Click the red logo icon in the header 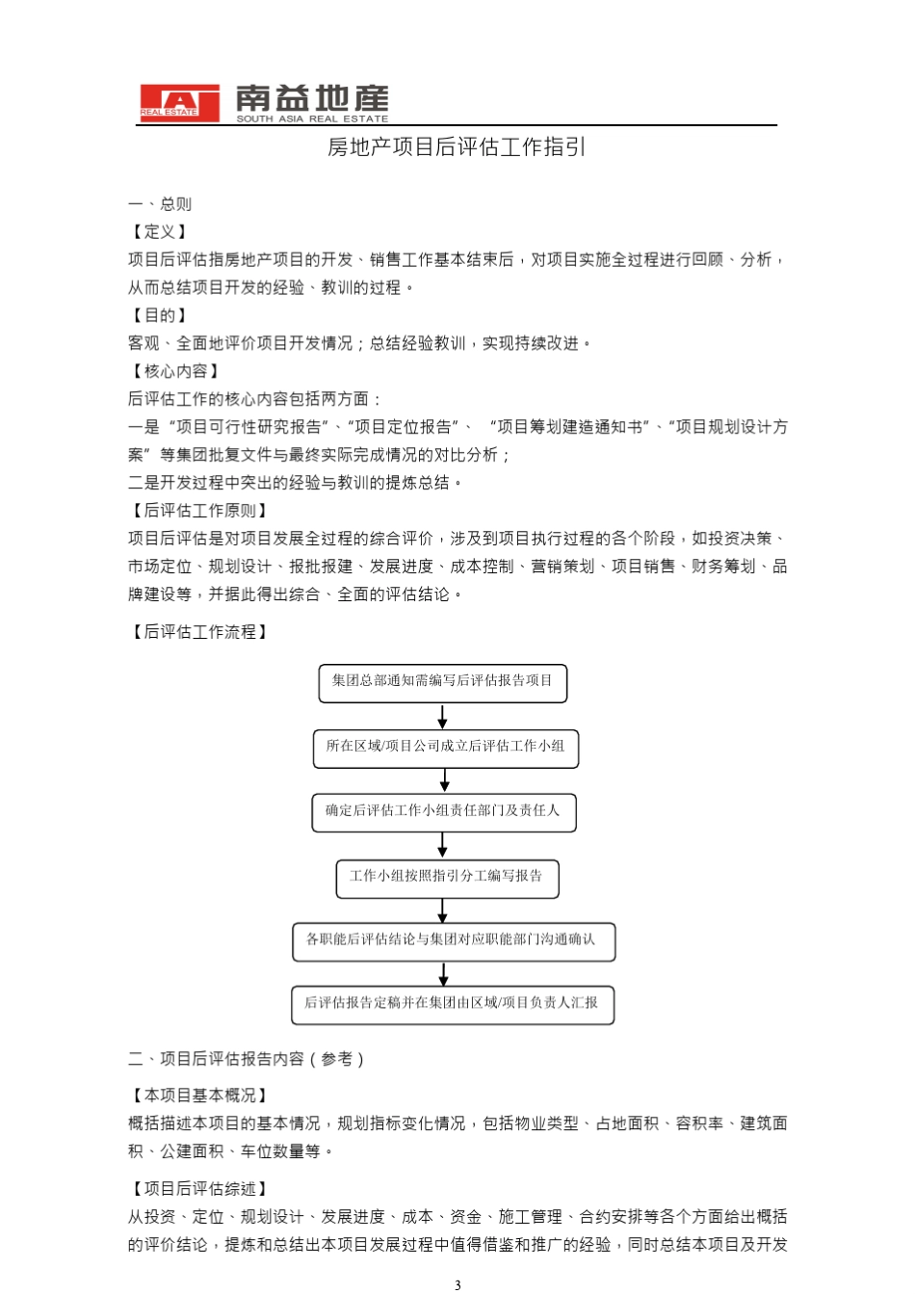click(x=179, y=103)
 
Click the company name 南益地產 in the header click(x=312, y=98)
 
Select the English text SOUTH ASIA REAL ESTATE click(x=312, y=119)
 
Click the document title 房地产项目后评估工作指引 click(x=457, y=147)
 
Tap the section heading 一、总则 click(x=160, y=204)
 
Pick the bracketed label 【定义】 click(x=160, y=232)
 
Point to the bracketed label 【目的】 click(x=160, y=316)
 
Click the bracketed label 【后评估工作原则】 click(x=199, y=511)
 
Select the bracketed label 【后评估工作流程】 click(x=199, y=632)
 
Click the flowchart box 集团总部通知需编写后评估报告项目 click(x=442, y=682)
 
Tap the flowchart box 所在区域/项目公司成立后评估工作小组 click(x=445, y=748)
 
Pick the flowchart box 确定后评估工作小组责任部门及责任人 click(x=443, y=812)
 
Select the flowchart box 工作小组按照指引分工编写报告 click(x=446, y=878)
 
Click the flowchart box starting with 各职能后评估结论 click(x=453, y=941)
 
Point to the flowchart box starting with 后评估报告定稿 click(x=452, y=1004)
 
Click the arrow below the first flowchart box click(x=442, y=717)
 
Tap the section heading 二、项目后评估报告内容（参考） click(x=247, y=1060)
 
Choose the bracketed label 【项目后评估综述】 click(x=199, y=1190)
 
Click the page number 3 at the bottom click(x=457, y=1284)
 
